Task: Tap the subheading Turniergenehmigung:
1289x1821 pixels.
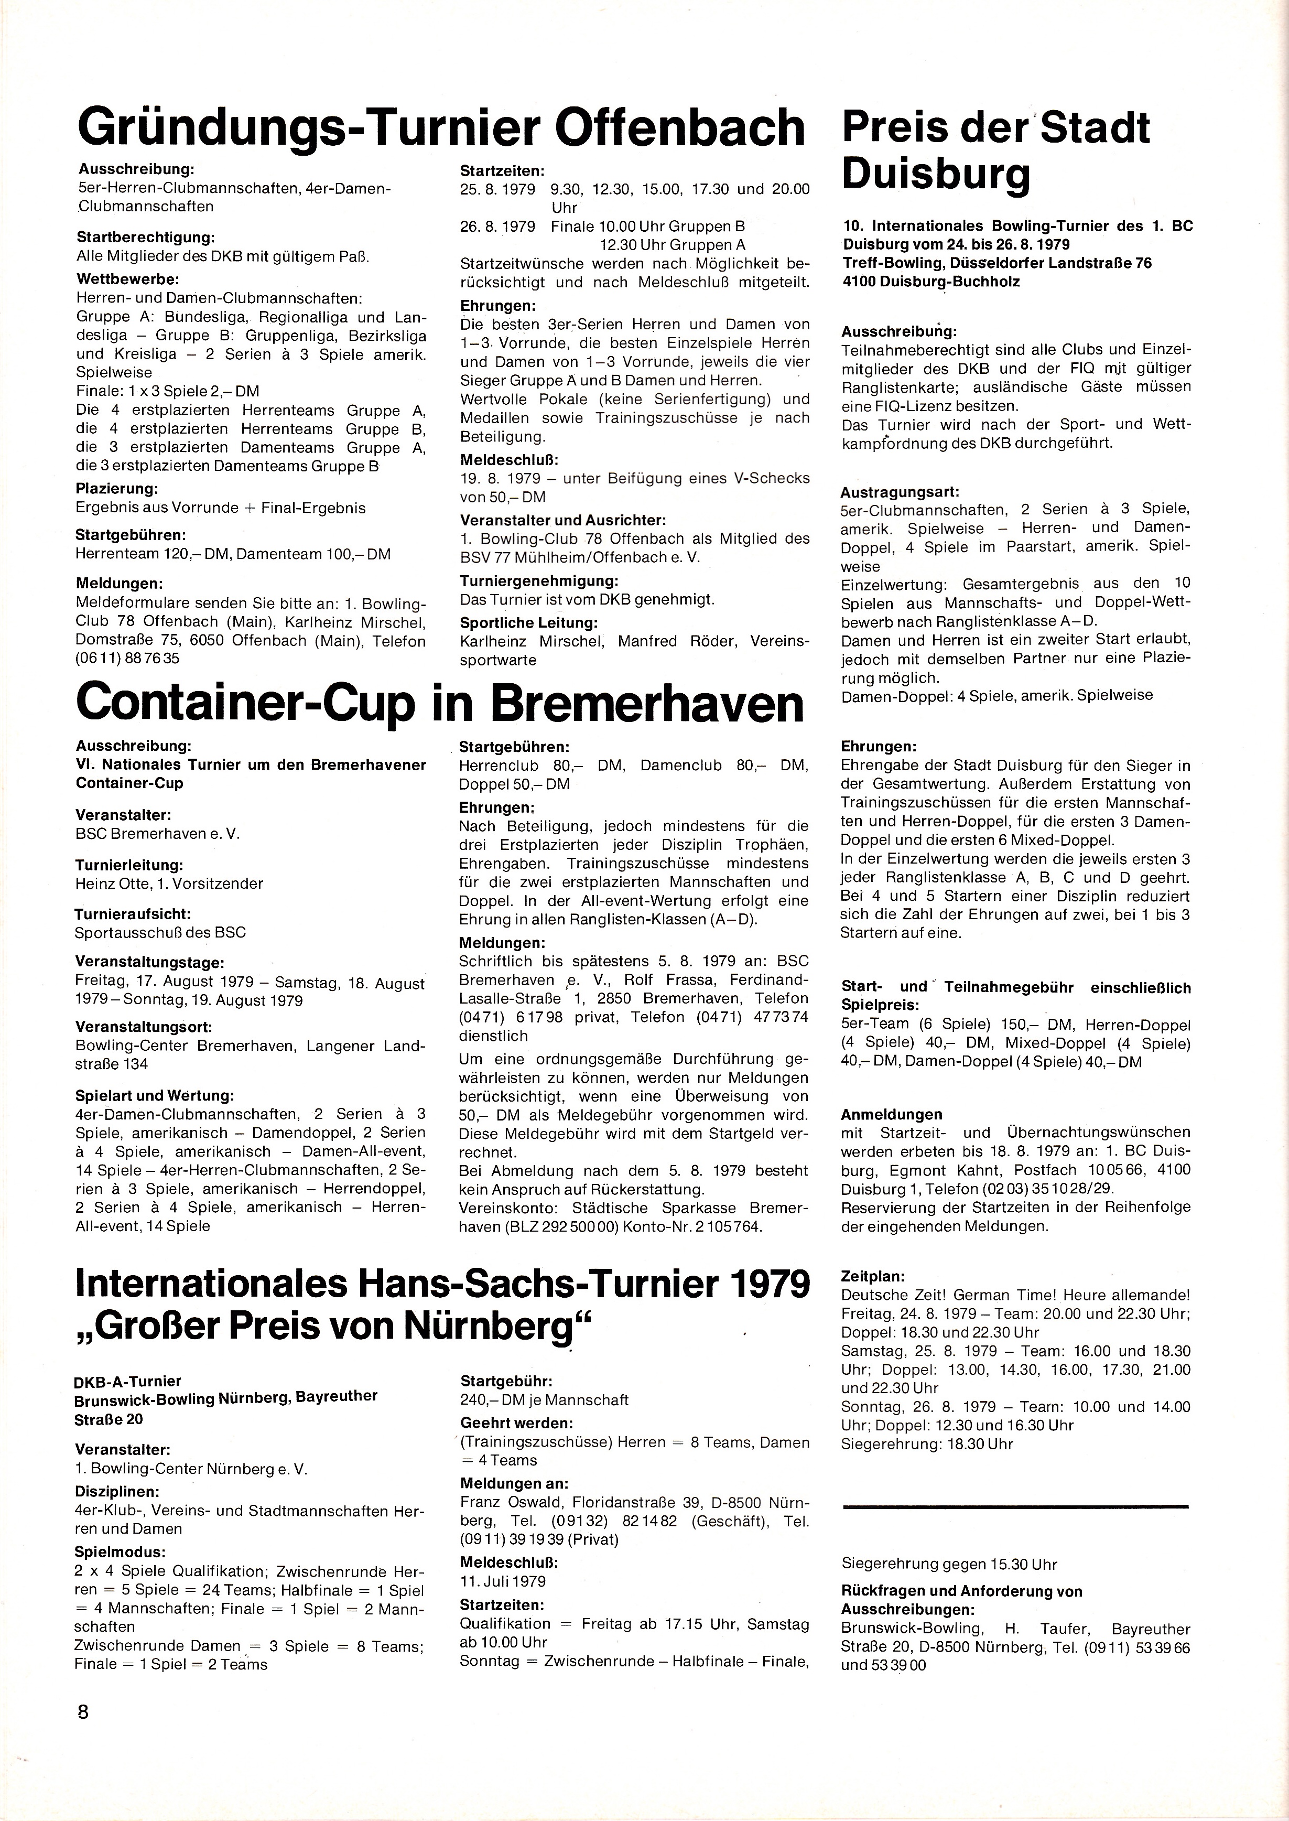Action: tap(539, 581)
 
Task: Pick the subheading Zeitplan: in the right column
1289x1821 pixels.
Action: tap(872, 1276)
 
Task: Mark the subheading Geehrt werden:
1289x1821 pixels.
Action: tap(517, 1424)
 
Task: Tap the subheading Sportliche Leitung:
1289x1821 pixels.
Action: tap(528, 622)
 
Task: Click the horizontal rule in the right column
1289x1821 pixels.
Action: tap(1015, 1506)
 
